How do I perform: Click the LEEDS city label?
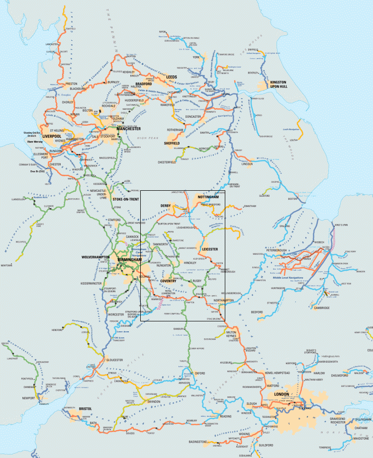[x=172, y=76]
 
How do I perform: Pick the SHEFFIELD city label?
[x=175, y=143]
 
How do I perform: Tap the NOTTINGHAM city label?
[x=209, y=197]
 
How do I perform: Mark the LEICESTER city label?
[x=210, y=248]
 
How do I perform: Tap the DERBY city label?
[x=165, y=205]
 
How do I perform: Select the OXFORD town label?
[x=200, y=373]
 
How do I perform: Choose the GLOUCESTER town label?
[x=114, y=360]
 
